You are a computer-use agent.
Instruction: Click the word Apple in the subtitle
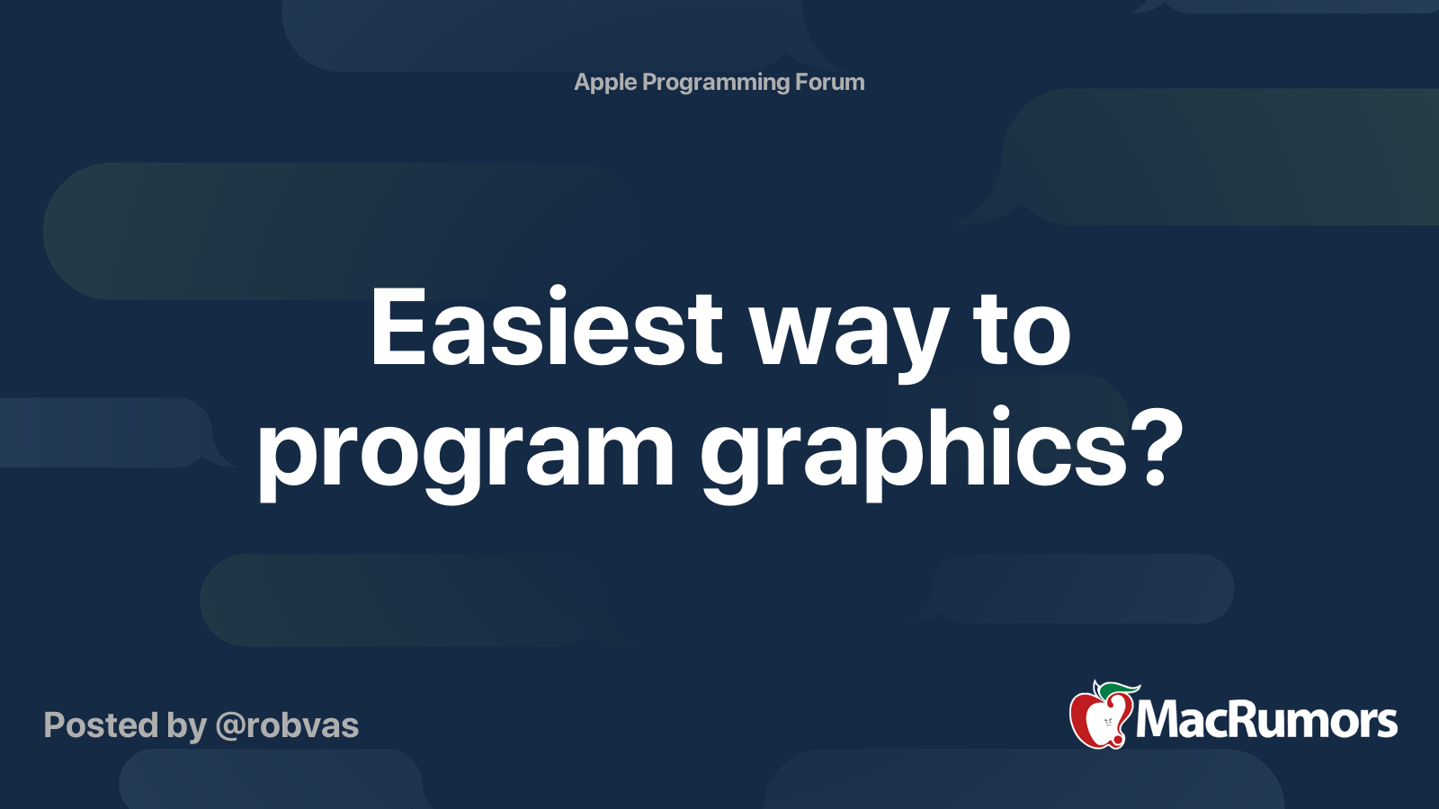pyautogui.click(x=605, y=83)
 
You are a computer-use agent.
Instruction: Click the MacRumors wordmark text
pyautogui.click(x=1266, y=720)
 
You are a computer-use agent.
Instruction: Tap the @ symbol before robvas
pyautogui.click(x=230, y=726)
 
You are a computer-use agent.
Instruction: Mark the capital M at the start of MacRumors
pyautogui.click(x=1160, y=720)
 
